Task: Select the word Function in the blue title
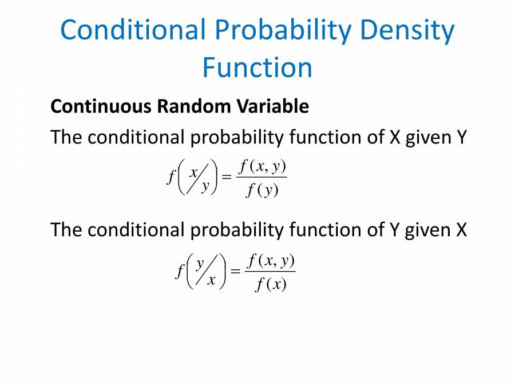[257, 67]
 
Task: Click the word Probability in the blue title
[273, 30]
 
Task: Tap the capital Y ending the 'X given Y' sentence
[461, 137]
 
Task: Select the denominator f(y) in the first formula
[262, 190]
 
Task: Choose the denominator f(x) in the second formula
[271, 284]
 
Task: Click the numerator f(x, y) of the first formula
[263, 167]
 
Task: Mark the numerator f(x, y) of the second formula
[271, 261]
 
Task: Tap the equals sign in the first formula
[227, 178]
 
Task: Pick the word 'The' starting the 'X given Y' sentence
[66, 137]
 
